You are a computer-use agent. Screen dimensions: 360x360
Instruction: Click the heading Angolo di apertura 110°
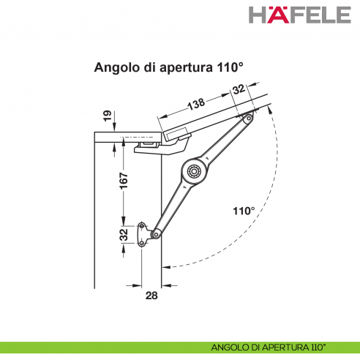click(168, 67)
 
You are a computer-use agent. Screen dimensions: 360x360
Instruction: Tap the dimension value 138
click(196, 104)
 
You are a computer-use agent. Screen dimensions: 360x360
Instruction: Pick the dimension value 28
click(151, 295)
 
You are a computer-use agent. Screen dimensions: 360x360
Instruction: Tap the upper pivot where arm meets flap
click(249, 118)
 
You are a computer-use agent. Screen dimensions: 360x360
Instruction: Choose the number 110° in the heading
click(229, 67)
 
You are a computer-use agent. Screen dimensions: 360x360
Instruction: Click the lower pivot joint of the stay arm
click(155, 233)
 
